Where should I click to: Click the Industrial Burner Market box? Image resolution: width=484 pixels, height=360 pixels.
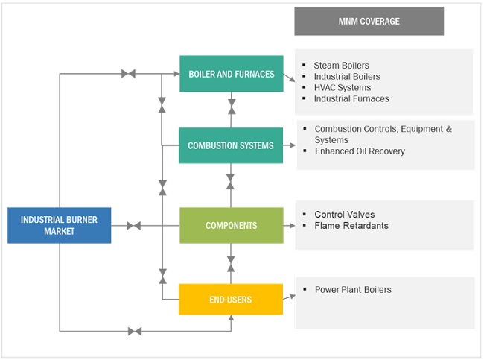[59, 225]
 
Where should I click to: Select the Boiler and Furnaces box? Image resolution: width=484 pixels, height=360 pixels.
[231, 74]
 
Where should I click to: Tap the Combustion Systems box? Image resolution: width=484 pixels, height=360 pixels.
[231, 145]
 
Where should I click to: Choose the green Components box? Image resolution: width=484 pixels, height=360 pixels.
[231, 225]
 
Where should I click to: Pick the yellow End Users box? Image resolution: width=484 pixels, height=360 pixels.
[231, 299]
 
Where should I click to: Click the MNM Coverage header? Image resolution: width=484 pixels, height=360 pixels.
[369, 21]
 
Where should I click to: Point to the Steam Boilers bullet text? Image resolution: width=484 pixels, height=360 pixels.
[341, 66]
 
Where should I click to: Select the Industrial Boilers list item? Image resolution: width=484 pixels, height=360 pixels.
[347, 77]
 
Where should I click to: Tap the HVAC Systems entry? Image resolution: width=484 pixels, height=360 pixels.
[343, 87]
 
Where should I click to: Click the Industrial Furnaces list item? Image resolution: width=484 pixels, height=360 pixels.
[351, 98]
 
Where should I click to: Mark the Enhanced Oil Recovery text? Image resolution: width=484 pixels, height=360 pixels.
[360, 151]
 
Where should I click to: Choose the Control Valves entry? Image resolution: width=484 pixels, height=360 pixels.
[344, 215]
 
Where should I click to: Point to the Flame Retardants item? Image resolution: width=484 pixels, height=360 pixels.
[351, 226]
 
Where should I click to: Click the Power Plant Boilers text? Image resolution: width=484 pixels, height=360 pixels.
[353, 289]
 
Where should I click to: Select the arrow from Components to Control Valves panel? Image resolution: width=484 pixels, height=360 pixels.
[290, 225]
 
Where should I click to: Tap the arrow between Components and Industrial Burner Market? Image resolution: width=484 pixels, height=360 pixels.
[134, 225]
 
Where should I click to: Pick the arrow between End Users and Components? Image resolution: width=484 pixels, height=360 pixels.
[231, 263]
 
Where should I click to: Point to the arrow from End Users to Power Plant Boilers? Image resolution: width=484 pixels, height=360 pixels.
[290, 297]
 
